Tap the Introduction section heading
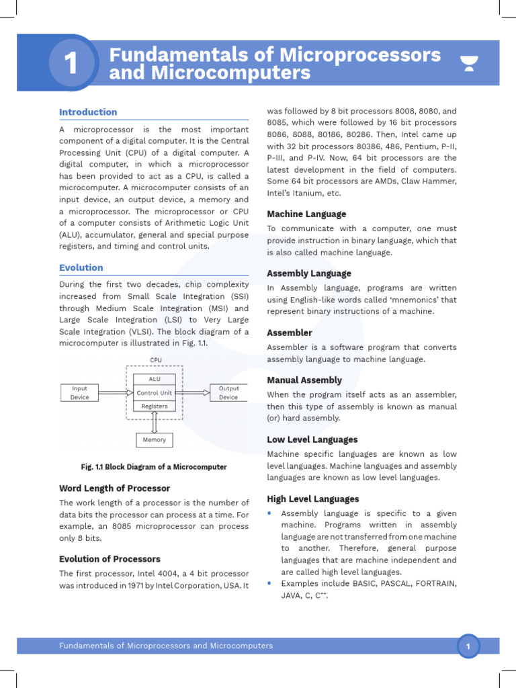click(x=88, y=112)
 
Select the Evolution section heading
click(x=81, y=267)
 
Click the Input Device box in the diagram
click(x=79, y=392)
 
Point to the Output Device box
click(x=228, y=392)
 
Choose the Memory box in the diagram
click(x=155, y=440)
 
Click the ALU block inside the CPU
click(x=155, y=380)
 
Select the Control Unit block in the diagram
click(x=155, y=392)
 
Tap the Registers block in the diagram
click(x=155, y=406)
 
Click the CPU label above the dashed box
click(x=155, y=360)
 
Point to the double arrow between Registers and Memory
click(x=155, y=422)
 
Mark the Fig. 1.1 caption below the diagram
click(x=154, y=467)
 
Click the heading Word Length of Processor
click(x=114, y=488)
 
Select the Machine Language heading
click(x=306, y=214)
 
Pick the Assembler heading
click(x=290, y=333)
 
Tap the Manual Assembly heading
click(x=304, y=380)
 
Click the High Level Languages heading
click(x=313, y=499)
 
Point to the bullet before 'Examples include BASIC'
click(x=270, y=583)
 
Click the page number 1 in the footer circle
click(x=468, y=646)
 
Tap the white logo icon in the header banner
click(x=469, y=64)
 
